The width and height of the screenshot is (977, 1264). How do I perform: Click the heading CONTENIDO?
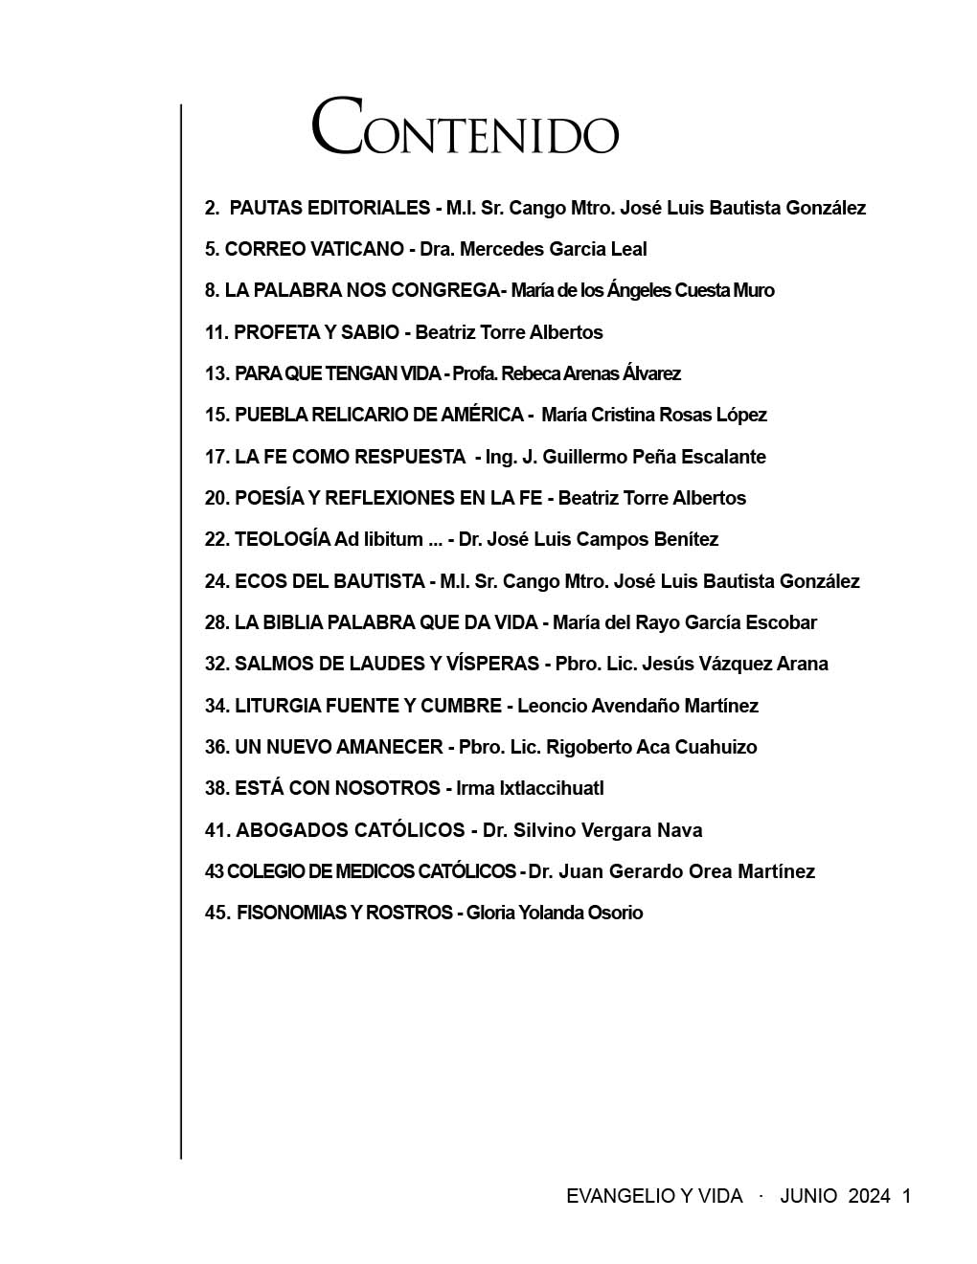pyautogui.click(x=465, y=127)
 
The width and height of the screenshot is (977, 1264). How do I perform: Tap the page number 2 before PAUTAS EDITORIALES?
pyautogui.click(x=211, y=208)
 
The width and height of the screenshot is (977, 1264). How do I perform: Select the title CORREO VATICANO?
pyautogui.click(x=314, y=249)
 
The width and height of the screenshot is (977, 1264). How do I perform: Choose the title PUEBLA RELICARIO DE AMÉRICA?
pyautogui.click(x=378, y=415)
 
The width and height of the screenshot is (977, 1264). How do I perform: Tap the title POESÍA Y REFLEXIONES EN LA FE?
pyautogui.click(x=388, y=498)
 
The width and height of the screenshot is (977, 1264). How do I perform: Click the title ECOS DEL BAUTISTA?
pyautogui.click(x=329, y=581)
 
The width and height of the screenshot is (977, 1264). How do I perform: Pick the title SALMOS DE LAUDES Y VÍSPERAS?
pyautogui.click(x=387, y=664)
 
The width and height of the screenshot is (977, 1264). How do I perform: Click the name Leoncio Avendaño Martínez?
pyautogui.click(x=638, y=706)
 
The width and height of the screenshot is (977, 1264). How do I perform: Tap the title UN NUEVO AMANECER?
pyautogui.click(x=338, y=747)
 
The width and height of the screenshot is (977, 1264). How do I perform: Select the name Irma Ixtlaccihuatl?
pyautogui.click(x=530, y=788)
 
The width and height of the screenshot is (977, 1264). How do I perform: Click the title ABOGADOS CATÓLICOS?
pyautogui.click(x=351, y=830)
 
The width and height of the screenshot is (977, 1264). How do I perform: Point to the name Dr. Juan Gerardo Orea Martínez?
pyautogui.click(x=671, y=871)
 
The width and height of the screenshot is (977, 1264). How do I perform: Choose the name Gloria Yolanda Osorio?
pyautogui.click(x=555, y=913)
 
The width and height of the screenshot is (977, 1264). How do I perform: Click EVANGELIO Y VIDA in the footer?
pyautogui.click(x=654, y=1196)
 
